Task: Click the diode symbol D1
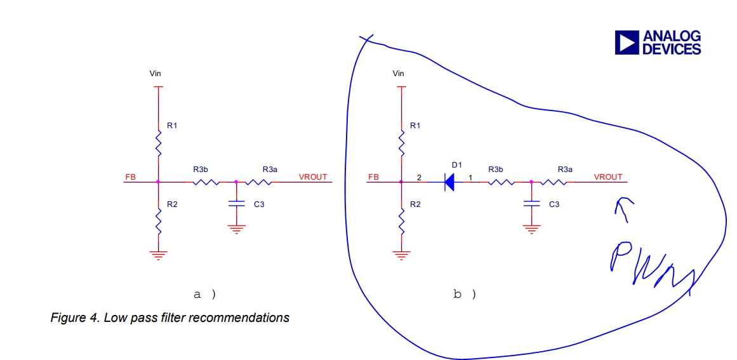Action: tap(449, 182)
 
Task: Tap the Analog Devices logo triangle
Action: tap(626, 43)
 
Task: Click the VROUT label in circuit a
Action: tap(313, 177)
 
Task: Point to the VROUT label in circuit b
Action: tap(608, 177)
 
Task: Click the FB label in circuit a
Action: tap(130, 177)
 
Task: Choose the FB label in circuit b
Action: tap(373, 177)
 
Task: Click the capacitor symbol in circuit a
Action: tap(236, 204)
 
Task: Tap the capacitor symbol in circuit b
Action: tap(531, 204)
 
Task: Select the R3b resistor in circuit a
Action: tap(206, 182)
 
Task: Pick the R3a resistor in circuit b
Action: tap(554, 182)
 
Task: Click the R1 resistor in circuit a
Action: tap(158, 144)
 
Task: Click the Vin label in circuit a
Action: tap(155, 74)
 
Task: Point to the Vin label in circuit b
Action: tap(398, 74)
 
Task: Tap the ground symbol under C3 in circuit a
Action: tap(236, 229)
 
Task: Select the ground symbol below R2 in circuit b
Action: tap(401, 255)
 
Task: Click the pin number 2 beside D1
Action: tap(418, 177)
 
